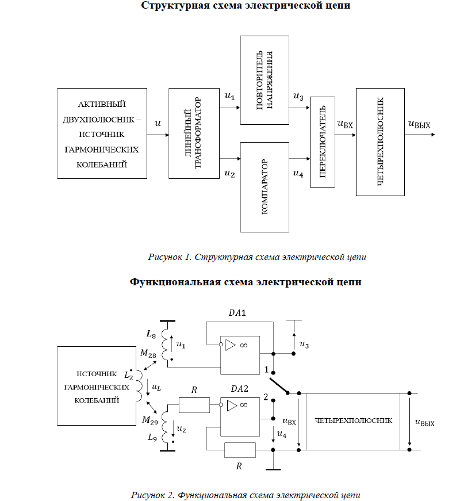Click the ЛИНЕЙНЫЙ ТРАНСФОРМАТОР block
coord(195,133)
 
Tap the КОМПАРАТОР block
coord(265,187)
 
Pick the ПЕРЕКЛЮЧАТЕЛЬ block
coord(322,142)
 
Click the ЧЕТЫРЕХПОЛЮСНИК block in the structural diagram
coord(379,142)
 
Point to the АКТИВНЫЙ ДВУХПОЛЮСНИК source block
coord(102,133)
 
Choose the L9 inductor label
coord(152,438)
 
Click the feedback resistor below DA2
coord(239,450)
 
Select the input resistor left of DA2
coord(194,406)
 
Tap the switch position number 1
coord(266,368)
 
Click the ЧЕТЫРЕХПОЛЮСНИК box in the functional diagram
coord(353,420)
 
